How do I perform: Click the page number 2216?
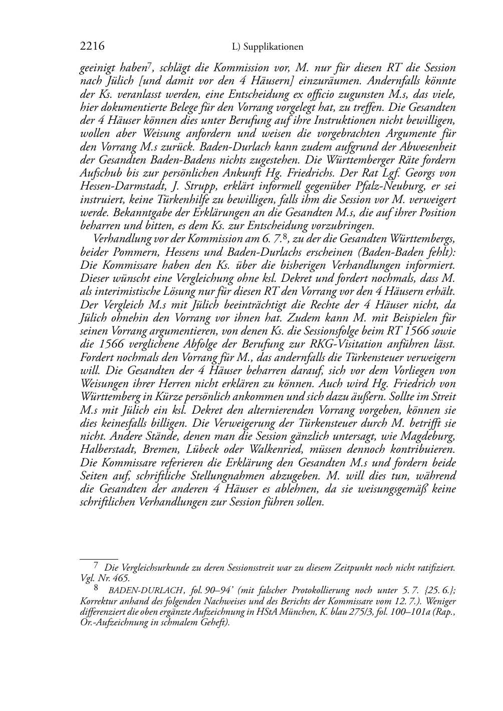[x=92, y=47]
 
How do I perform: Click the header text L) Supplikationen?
[x=268, y=47]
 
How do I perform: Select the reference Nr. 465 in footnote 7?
[x=109, y=577]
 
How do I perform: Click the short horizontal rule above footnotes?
[x=99, y=558]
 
